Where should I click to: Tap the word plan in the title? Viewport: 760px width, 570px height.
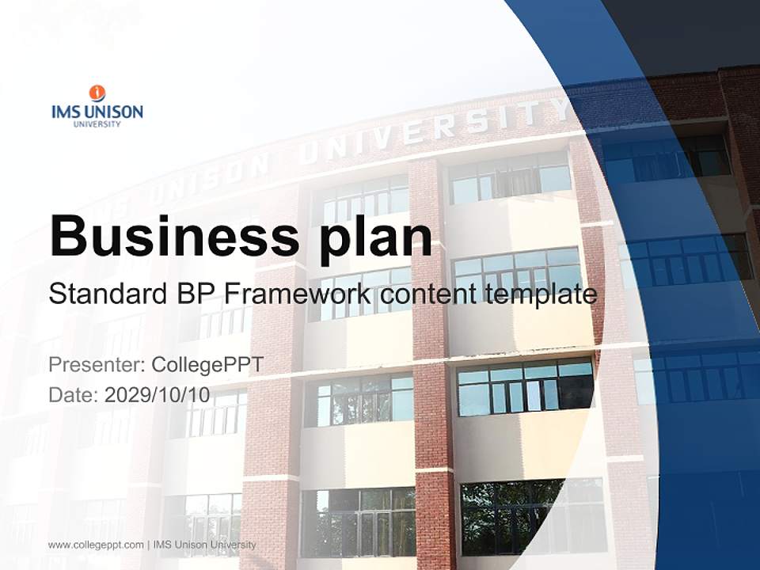[x=376, y=237]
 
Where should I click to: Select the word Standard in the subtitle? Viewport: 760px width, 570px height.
[x=107, y=294]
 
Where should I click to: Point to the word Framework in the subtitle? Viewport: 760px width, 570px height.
[x=297, y=294]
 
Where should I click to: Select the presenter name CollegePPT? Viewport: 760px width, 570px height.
[x=207, y=365]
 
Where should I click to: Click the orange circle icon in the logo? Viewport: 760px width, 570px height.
[x=97, y=93]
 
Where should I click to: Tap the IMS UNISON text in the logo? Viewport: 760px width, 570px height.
[x=97, y=112]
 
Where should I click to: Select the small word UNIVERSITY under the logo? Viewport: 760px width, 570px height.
[x=97, y=124]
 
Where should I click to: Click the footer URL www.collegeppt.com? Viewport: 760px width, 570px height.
[x=96, y=545]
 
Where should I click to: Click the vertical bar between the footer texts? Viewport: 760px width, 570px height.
[x=149, y=545]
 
